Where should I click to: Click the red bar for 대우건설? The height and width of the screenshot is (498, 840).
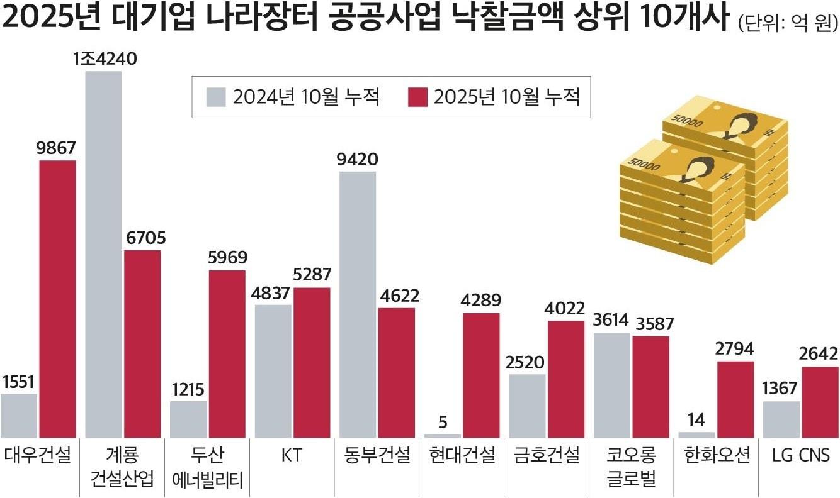[x=58, y=299]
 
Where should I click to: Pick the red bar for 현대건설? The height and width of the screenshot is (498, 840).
[x=482, y=375]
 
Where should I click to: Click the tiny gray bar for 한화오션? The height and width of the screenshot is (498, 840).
[x=697, y=434]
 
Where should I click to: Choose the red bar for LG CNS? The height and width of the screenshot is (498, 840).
[x=820, y=402]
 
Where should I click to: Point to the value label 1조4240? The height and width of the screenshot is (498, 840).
[x=105, y=59]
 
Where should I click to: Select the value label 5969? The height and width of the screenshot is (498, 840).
[x=227, y=258]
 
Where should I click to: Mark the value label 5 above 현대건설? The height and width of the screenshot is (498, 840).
[x=443, y=422]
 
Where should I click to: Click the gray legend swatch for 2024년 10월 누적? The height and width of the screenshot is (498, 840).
[x=216, y=97]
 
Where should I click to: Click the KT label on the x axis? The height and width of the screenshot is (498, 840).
[x=292, y=455]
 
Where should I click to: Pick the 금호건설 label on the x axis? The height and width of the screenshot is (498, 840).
[x=546, y=455]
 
